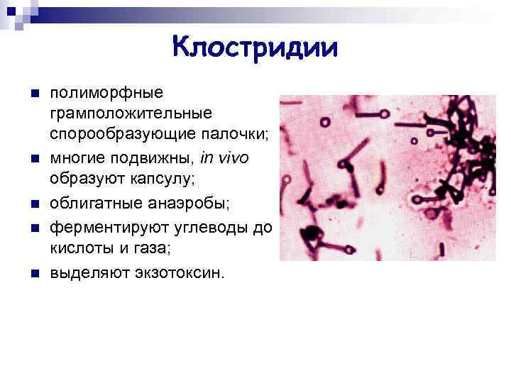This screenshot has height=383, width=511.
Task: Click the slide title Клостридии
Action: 255,48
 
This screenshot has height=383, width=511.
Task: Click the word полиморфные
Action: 106,93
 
